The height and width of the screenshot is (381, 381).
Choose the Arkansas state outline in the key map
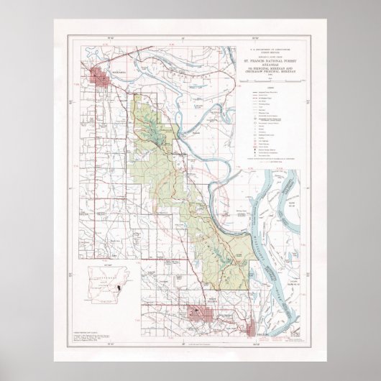pos(108,285)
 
